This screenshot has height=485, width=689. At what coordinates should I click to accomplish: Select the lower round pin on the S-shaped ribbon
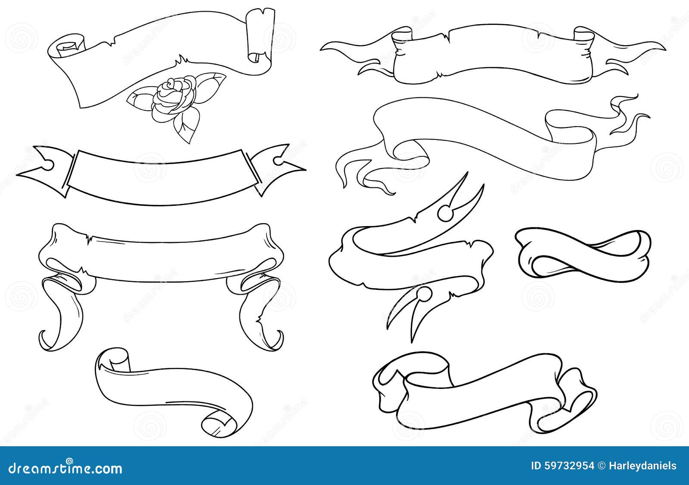424,294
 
